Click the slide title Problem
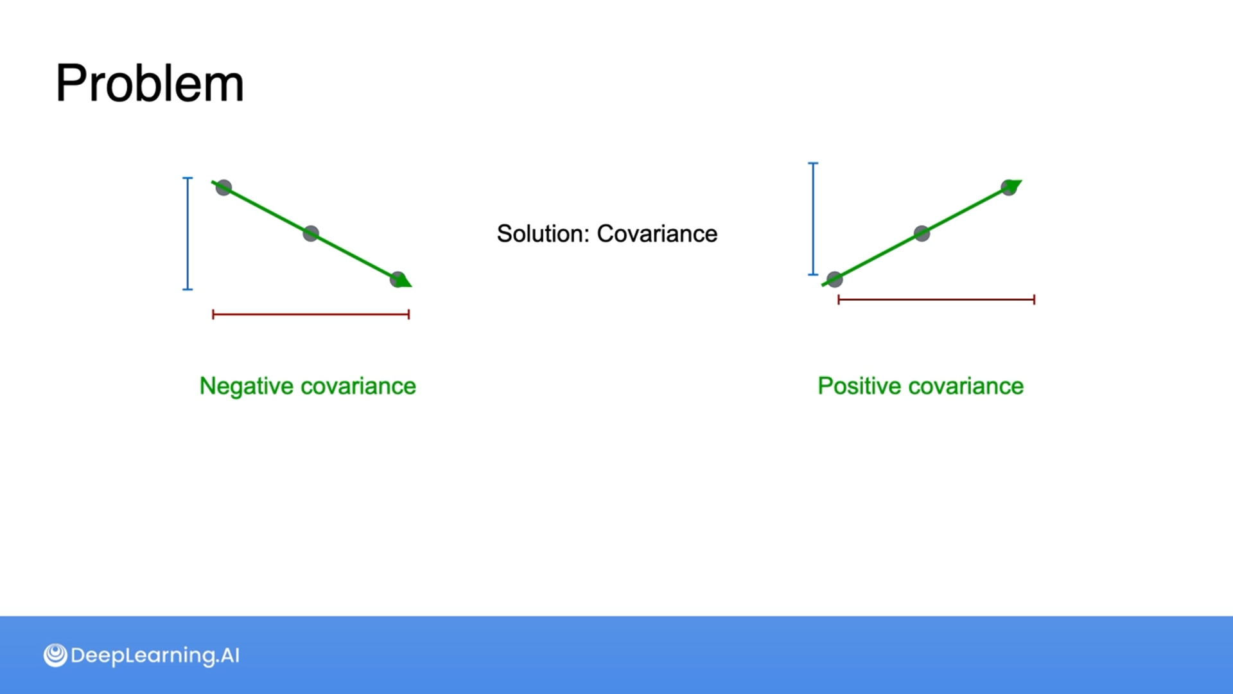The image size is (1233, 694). (150, 84)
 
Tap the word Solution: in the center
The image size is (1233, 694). (543, 234)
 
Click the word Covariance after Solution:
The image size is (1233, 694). (657, 234)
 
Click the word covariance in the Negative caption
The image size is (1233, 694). (358, 386)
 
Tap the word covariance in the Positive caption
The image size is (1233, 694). (966, 386)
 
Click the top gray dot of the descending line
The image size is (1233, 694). (223, 188)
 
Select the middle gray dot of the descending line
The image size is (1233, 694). (311, 233)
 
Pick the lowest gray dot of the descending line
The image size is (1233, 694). (398, 280)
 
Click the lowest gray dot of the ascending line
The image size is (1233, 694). (834, 279)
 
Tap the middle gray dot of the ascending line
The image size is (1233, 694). (922, 233)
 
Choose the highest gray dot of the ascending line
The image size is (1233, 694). (1008, 188)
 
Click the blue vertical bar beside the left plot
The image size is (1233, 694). (188, 233)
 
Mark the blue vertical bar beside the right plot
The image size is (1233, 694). (813, 219)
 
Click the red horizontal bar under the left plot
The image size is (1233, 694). (311, 314)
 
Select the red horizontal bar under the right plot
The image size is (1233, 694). (936, 299)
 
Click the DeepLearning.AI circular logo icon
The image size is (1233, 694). (55, 655)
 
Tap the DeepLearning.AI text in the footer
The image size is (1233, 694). (155, 655)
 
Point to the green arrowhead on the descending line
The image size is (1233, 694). (405, 281)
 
